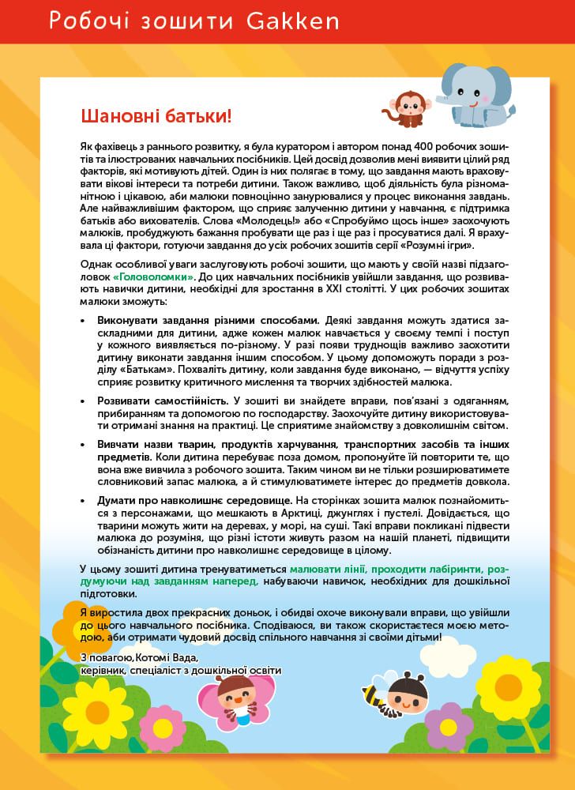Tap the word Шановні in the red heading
(118, 116)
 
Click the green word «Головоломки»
(152, 278)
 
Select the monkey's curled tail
(388, 113)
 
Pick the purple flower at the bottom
(449, 724)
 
